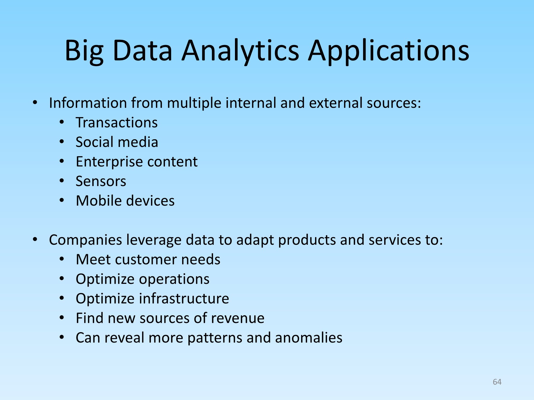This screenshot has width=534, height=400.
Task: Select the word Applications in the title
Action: tap(389, 51)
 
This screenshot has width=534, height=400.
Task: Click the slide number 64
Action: tap(497, 382)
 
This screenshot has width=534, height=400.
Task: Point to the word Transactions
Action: tap(117, 122)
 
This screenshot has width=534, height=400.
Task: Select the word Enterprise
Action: tap(109, 162)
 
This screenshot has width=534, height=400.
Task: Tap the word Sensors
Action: tap(101, 181)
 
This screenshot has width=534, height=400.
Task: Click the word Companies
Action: tap(85, 240)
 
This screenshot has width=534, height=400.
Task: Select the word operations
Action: tap(174, 279)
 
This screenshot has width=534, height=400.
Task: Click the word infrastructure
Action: tap(184, 298)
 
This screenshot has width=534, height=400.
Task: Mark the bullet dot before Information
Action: tap(35, 103)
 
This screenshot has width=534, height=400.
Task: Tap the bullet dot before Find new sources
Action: tap(62, 318)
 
